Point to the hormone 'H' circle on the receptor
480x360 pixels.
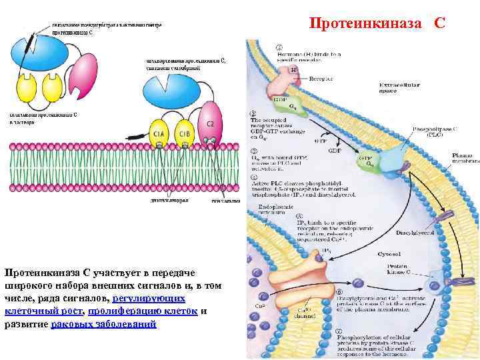tap(293, 69)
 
